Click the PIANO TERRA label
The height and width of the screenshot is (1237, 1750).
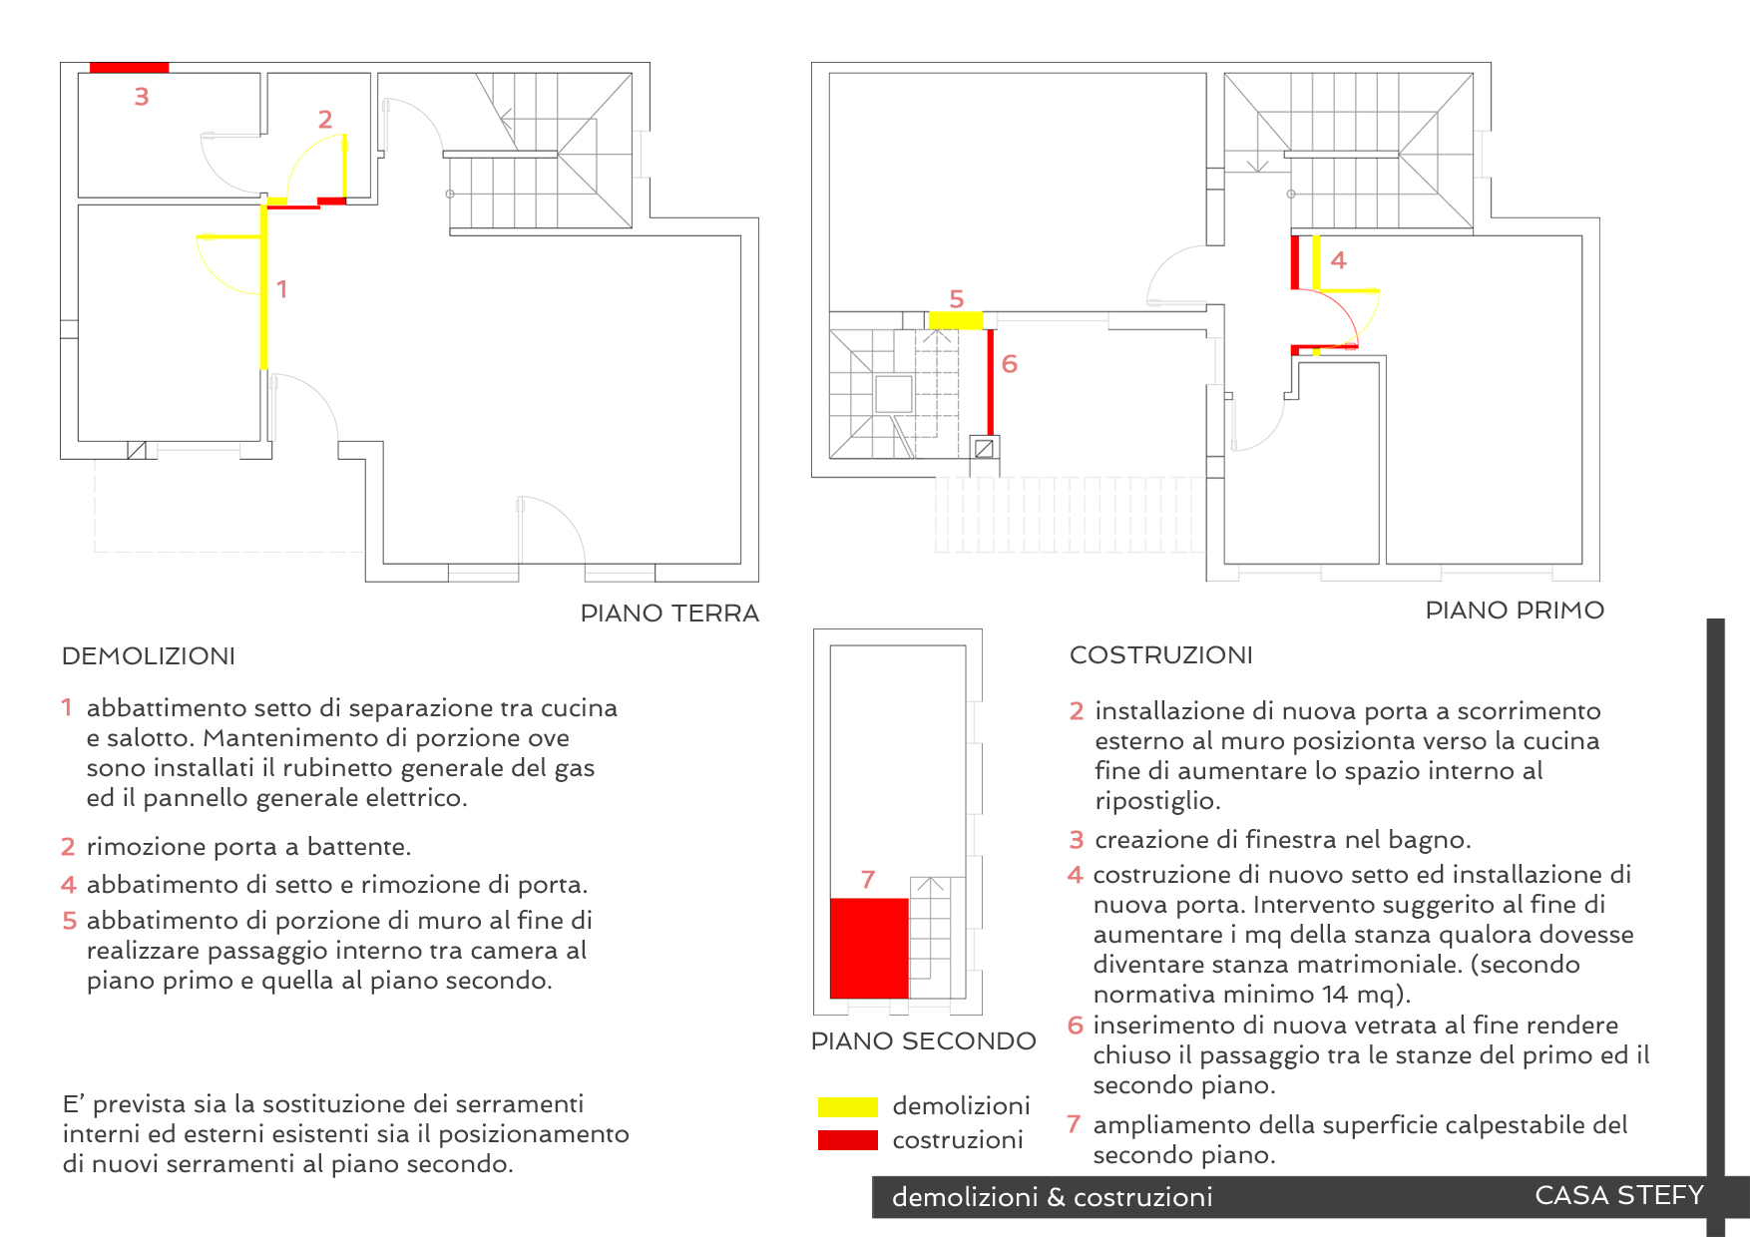tap(669, 614)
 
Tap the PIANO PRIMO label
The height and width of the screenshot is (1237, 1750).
tap(1514, 611)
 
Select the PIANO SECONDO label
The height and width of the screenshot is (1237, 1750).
tap(923, 1041)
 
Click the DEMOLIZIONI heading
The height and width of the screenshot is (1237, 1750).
tap(149, 656)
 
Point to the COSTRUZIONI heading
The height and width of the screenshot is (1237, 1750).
tap(1160, 655)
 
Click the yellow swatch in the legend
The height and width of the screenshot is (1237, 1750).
tap(847, 1106)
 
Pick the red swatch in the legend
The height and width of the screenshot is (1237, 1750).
tap(847, 1140)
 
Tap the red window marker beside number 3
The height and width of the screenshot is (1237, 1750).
tap(129, 68)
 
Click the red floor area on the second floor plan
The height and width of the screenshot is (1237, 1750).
tap(869, 948)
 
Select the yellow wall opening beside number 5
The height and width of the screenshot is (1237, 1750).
tap(955, 320)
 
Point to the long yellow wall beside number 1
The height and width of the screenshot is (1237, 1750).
tap(264, 289)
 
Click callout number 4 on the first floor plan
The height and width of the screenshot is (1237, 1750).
tap(1338, 260)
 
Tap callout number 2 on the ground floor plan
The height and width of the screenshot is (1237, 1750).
tap(325, 120)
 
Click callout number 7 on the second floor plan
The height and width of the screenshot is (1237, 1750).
tap(868, 880)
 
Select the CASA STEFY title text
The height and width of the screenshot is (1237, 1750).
tap(1618, 1195)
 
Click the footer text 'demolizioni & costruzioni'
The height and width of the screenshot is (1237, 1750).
tap(1052, 1197)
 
